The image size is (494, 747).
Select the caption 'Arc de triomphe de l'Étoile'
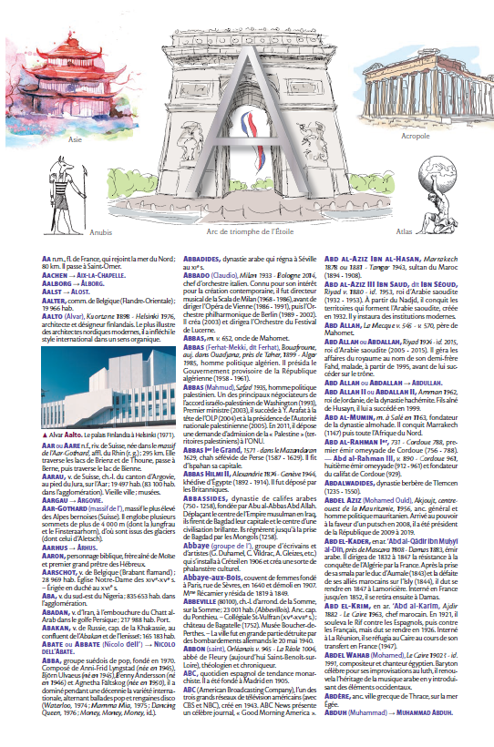[x=246, y=231]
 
